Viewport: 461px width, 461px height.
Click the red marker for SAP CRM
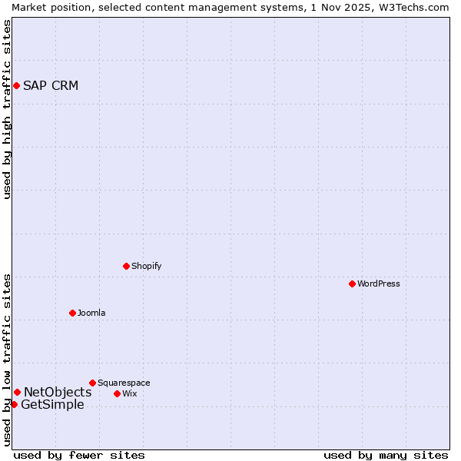tap(16, 85)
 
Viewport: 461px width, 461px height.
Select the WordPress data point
tap(353, 284)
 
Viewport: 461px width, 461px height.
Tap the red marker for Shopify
tap(127, 266)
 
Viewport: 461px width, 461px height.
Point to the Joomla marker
tap(73, 313)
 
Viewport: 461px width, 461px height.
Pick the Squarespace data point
tap(93, 383)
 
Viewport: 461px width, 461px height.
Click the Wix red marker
tap(118, 393)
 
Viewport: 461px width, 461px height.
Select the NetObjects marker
tap(17, 393)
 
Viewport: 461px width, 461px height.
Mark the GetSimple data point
tap(14, 404)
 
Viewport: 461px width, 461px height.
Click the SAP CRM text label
tap(51, 85)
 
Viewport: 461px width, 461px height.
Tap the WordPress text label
tap(379, 284)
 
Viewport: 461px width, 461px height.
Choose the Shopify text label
tap(147, 266)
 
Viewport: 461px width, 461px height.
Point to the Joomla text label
tap(91, 313)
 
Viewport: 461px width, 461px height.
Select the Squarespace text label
tap(124, 383)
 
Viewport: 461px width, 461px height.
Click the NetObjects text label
tap(58, 393)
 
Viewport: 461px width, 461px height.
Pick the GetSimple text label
tap(52, 405)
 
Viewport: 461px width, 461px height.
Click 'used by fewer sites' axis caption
tap(79, 455)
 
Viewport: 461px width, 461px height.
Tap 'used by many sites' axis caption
tap(386, 455)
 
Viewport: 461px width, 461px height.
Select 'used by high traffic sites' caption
tap(7, 109)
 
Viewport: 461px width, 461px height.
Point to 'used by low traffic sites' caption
tap(7, 360)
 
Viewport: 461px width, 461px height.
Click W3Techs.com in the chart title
tap(412, 7)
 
